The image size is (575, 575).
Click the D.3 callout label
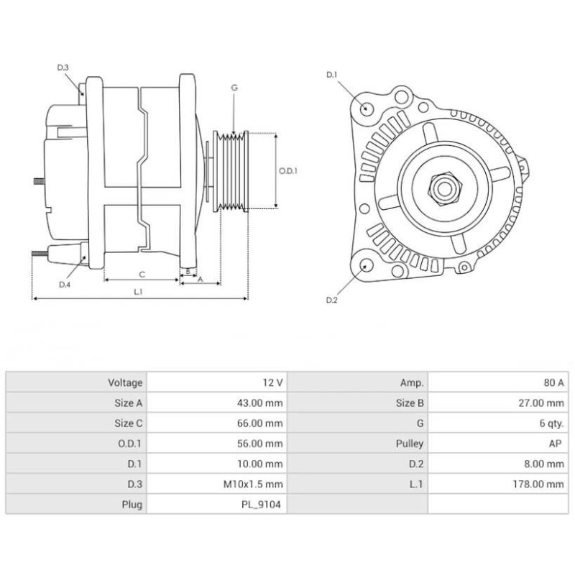point(63,68)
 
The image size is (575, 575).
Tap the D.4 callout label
point(64,285)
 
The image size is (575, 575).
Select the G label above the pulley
point(234,87)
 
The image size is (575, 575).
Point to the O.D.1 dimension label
point(288,171)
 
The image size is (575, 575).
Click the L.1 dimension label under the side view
point(139,292)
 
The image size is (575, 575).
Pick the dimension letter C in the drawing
point(142,274)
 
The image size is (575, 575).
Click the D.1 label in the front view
point(331,75)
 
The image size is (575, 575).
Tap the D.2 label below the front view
point(331,300)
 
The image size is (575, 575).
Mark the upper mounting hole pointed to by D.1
point(367,109)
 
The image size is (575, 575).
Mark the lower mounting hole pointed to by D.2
point(367,266)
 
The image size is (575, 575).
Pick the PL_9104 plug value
point(262,505)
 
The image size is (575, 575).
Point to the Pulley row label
point(410,444)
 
